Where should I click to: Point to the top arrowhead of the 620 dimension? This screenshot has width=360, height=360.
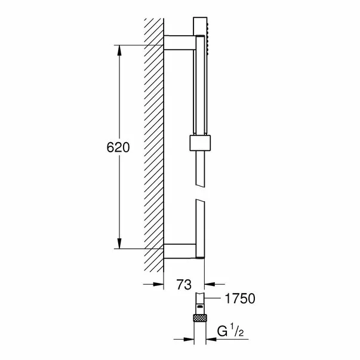point(121,50)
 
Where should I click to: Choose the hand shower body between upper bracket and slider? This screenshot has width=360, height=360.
point(201,90)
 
